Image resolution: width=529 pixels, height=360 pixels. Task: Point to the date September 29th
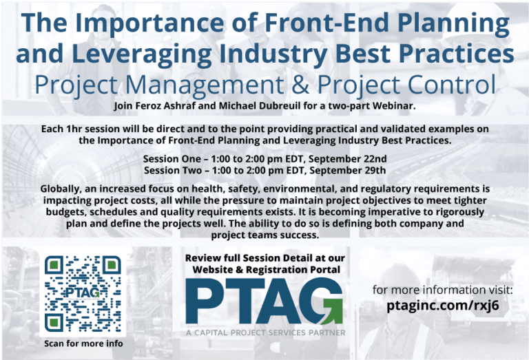point(350,170)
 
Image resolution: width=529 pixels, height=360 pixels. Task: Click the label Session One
point(172,158)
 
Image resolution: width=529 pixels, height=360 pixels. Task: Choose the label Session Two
point(172,170)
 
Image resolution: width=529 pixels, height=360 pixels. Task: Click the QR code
point(82,294)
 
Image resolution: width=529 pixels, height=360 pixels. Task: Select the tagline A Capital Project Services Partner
point(265,333)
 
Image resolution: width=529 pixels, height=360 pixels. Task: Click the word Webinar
point(394,106)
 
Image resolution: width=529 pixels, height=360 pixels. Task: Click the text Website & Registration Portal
point(265,270)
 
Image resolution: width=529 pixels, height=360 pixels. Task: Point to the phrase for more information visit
point(442,290)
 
